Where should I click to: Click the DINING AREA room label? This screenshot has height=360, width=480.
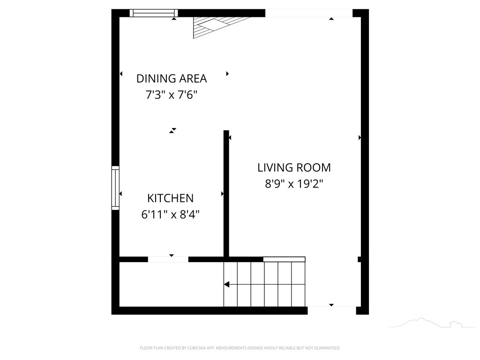172,79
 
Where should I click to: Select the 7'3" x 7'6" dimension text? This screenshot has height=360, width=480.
172,95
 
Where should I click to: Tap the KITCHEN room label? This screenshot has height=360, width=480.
170,198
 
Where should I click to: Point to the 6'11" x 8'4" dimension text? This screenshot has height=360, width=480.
170,215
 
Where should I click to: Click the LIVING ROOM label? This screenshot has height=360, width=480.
294,168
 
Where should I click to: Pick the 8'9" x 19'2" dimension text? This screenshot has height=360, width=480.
294,184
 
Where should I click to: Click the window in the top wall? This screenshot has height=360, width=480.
154,13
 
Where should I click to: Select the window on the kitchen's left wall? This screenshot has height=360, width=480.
115,188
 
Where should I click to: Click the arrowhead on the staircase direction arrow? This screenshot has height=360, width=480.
226,285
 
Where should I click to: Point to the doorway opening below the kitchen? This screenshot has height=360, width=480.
168,260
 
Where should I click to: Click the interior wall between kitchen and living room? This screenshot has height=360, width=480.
226,194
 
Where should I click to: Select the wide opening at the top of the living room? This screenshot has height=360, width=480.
309,13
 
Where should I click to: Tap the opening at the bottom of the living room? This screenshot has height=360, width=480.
332,310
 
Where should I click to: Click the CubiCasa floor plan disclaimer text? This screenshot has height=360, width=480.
240,348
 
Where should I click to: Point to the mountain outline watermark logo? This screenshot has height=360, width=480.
432,323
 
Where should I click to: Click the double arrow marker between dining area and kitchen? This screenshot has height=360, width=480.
173,131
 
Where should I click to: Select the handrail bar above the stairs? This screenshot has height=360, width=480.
284,260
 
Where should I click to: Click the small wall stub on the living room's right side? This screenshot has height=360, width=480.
360,260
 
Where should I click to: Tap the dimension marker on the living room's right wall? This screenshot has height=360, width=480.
360,138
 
